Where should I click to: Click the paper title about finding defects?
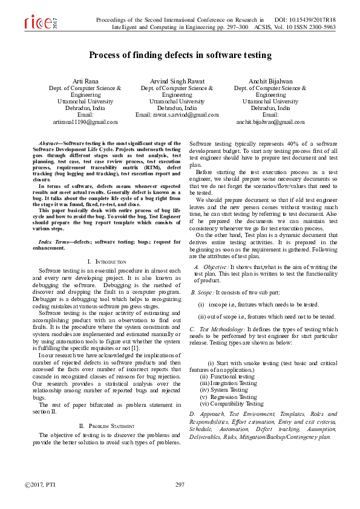pyautogui.click(x=180, y=55)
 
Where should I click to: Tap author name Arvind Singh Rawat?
pyautogui.click(x=177, y=80)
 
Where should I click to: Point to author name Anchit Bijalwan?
pyautogui.click(x=270, y=80)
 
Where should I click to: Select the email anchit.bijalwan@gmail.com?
pyautogui.click(x=270, y=122)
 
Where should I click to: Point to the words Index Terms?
pyautogui.click(x=54, y=241)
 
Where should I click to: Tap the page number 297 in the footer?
pyautogui.click(x=180, y=485)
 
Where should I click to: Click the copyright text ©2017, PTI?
pyautogui.click(x=38, y=485)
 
